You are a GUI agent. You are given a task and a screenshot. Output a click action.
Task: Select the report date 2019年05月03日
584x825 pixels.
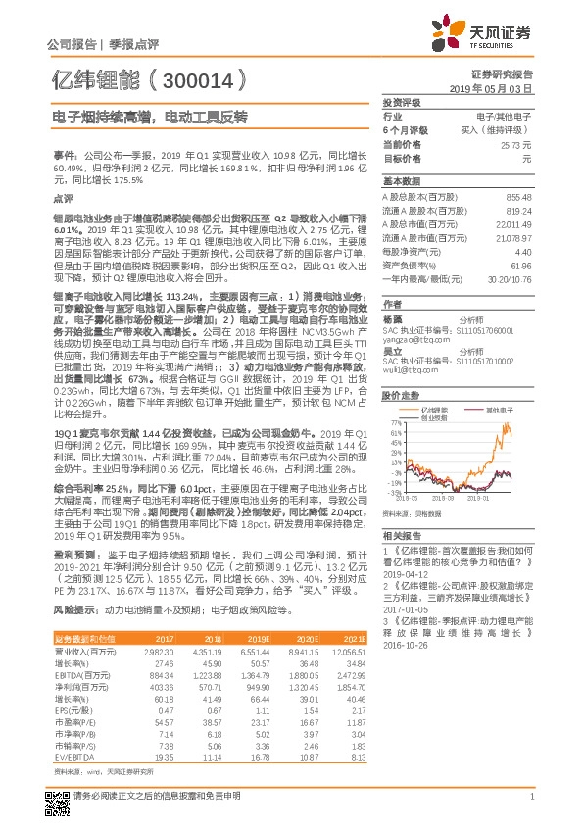tap(497, 88)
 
